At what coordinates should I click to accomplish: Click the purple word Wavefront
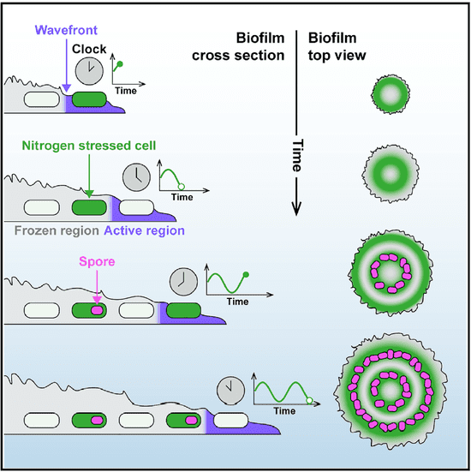click(66, 30)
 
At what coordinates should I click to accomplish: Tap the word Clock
click(89, 49)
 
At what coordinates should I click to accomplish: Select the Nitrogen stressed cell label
click(89, 146)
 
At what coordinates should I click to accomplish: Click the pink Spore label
click(97, 261)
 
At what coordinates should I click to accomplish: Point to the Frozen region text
click(57, 231)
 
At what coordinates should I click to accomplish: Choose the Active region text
click(144, 231)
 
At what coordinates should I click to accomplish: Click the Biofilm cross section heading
click(238, 46)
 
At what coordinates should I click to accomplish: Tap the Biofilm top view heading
click(337, 46)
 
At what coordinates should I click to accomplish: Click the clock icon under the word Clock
click(89, 71)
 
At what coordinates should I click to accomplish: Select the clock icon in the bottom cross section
click(231, 391)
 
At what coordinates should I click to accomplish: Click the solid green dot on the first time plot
click(120, 63)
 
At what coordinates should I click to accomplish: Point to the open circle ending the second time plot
click(182, 187)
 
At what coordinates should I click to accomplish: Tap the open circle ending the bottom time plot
click(309, 400)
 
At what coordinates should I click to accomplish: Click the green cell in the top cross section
click(89, 99)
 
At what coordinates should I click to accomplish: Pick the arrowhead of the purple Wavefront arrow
click(67, 88)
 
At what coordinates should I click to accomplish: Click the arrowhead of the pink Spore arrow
click(97, 300)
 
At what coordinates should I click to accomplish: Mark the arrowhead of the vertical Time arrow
click(296, 209)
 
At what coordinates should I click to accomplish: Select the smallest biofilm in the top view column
click(391, 94)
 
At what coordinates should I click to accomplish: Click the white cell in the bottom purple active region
click(231, 421)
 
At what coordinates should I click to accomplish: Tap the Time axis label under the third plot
click(238, 302)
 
